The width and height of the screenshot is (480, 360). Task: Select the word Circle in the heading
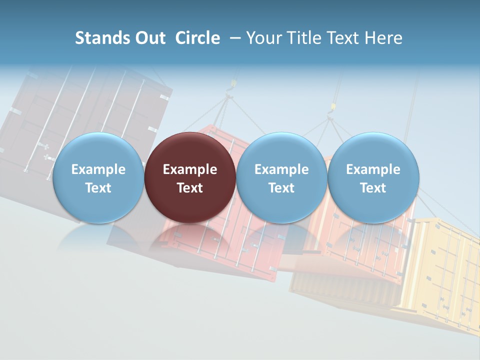197,38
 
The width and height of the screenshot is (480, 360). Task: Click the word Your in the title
262,38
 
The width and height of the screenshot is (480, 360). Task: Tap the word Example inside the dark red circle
190,169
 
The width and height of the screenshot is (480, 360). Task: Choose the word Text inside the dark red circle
190,188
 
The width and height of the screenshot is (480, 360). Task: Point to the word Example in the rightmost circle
373,169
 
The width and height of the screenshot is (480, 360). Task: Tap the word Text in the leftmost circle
98,188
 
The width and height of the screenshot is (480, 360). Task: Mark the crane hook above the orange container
330,108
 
